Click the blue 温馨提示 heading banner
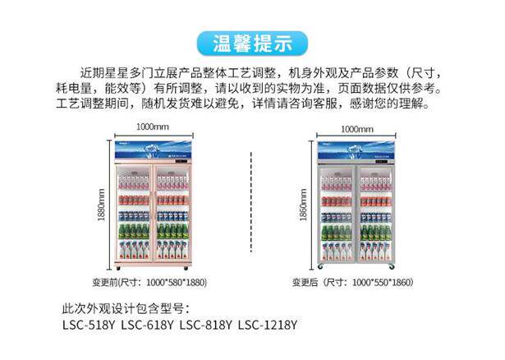point(253,42)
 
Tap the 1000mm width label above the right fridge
point(356,129)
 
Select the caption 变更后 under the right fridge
point(305,282)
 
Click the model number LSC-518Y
point(89,325)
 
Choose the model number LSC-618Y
point(147,325)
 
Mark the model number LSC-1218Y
point(267,325)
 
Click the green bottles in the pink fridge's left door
point(134,231)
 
